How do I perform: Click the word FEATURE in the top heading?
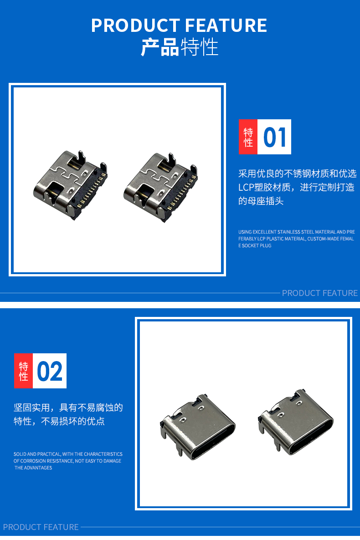[x=226, y=25]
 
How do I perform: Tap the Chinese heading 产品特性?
[x=180, y=47]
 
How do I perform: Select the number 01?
[x=275, y=137]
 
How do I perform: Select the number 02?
[x=50, y=371]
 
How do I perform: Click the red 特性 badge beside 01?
[x=248, y=137]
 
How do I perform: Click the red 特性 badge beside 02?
[x=23, y=371]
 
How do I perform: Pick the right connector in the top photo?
[x=161, y=187]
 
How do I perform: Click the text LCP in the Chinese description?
[x=246, y=187]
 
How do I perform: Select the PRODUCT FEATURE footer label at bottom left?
[x=41, y=527]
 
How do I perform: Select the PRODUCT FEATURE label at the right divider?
[x=319, y=293]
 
